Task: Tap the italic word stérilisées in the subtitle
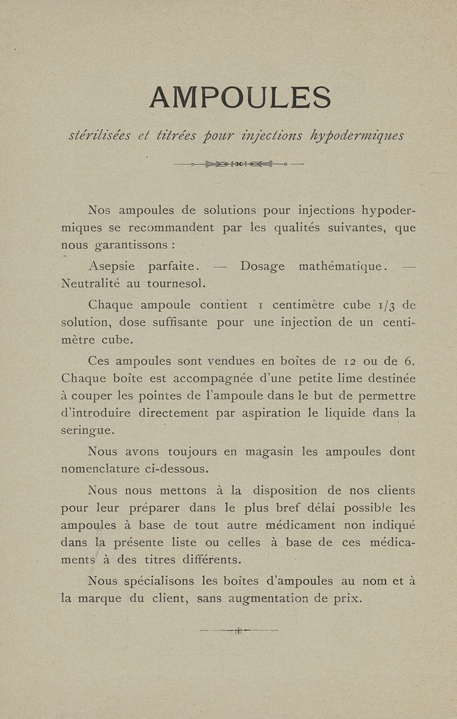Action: pos(99,135)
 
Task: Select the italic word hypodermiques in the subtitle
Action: pos(357,135)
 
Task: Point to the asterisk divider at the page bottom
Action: pos(238,631)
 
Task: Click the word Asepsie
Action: pos(112,266)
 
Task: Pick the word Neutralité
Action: pos(91,284)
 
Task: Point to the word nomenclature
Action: pos(99,470)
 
